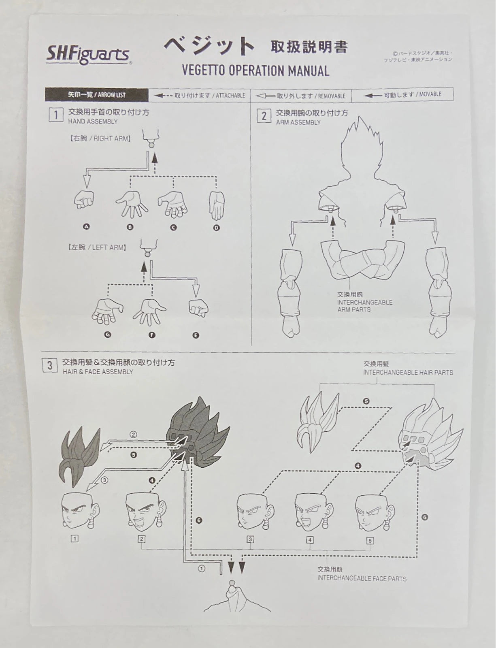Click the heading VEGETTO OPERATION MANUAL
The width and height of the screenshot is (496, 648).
(255, 71)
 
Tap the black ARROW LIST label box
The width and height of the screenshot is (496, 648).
(97, 95)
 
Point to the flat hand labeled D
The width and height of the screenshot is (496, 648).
(217, 205)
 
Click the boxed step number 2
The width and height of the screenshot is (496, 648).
(264, 116)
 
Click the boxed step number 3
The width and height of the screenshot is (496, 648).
(49, 366)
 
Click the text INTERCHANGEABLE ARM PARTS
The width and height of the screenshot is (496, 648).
(364, 306)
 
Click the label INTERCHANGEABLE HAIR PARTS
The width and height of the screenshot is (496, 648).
(408, 373)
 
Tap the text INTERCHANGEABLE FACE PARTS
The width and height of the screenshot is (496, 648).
(362, 578)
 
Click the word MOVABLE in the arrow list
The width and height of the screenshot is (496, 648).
(430, 94)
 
